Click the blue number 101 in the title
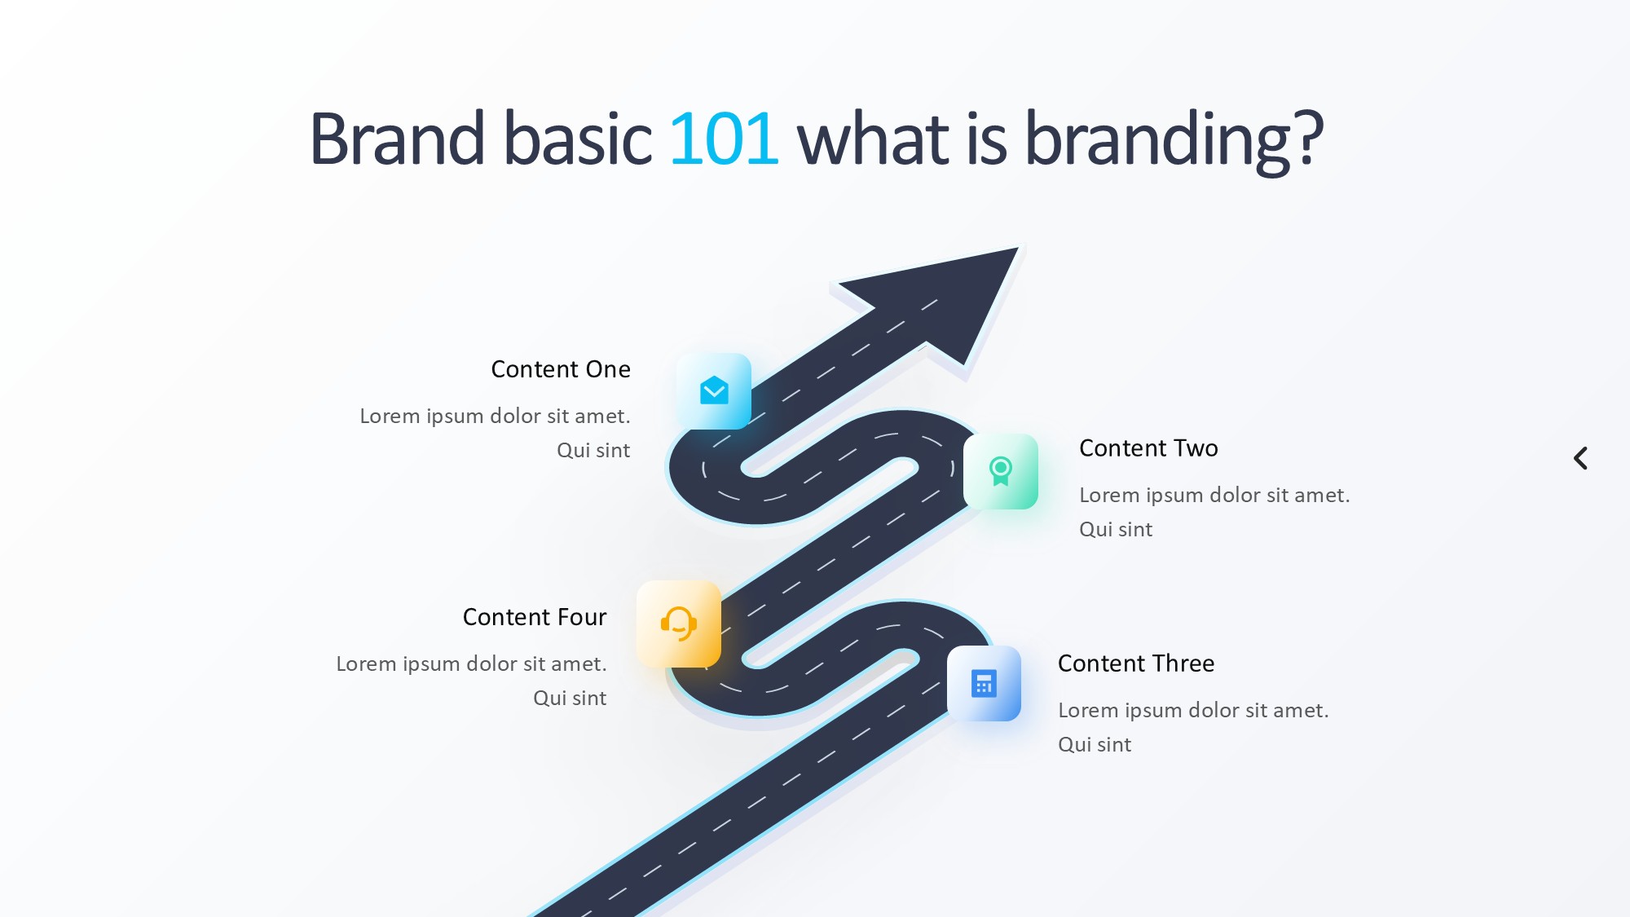(724, 139)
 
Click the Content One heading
(561, 369)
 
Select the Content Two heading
(1148, 448)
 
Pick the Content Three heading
(1136, 664)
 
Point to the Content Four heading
(535, 617)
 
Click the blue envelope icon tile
(714, 391)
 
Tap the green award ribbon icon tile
(1001, 471)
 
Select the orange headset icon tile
(679, 624)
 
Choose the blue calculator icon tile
(984, 683)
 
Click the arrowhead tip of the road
(1018, 248)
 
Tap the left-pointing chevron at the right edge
(1580, 458)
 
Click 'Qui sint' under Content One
(593, 450)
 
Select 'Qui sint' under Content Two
(1116, 529)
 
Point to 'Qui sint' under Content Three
(1095, 744)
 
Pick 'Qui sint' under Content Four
(570, 698)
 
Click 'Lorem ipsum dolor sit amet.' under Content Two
(1214, 495)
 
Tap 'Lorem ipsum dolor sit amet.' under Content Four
(471, 664)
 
